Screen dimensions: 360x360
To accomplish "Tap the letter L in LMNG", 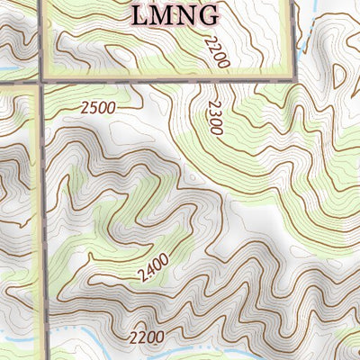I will click(140, 14).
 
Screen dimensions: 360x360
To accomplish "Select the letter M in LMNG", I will click(163, 14).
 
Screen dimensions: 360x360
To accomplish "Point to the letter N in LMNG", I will click(186, 14).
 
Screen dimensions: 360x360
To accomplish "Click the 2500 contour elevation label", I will click(98, 108).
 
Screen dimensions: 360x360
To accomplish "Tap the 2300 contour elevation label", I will click(212, 117).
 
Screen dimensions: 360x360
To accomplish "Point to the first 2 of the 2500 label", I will click(84, 107).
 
